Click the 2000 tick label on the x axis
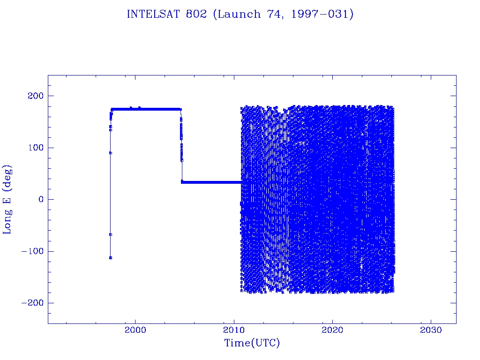click(135, 330)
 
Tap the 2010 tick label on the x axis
click(234, 330)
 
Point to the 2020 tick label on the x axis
click(332, 330)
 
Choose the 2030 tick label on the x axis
click(431, 330)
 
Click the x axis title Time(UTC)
click(252, 343)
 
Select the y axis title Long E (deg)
click(7, 199)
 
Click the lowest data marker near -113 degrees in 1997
click(110, 258)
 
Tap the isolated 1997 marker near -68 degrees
click(110, 234)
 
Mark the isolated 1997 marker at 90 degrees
click(110, 153)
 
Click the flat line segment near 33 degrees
click(211, 182)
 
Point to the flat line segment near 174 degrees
click(145, 109)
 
